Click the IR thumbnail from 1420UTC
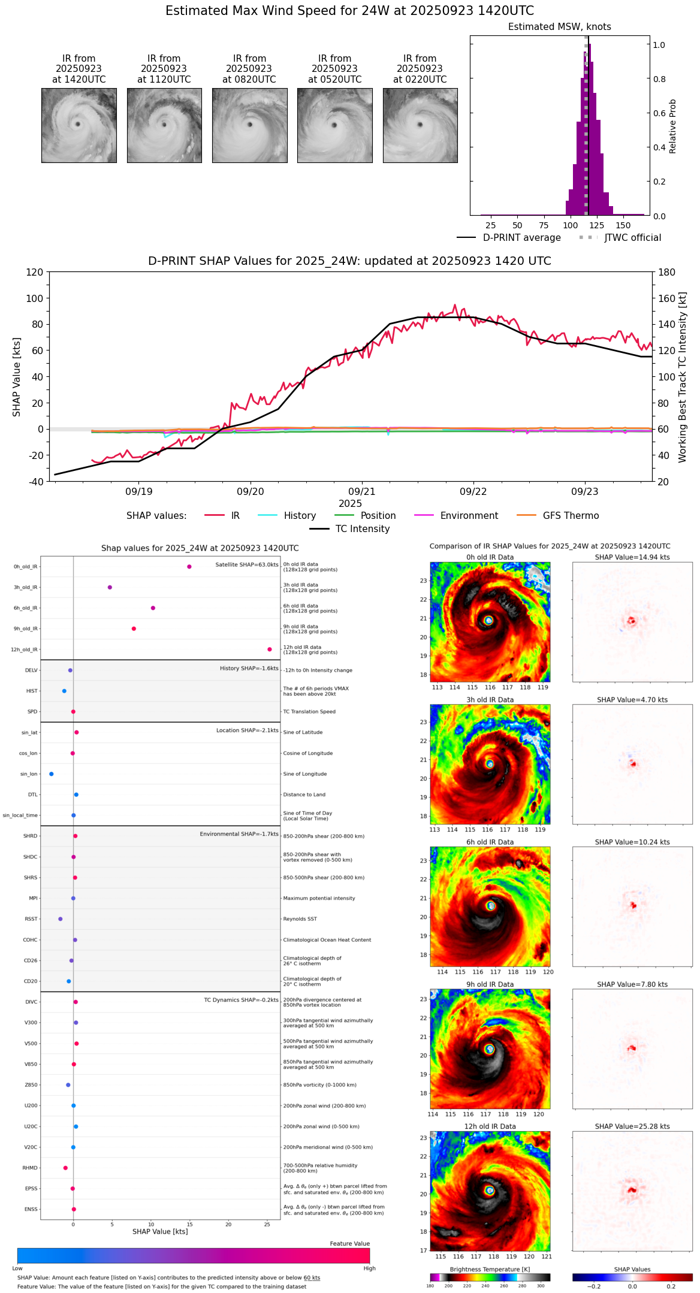[79, 125]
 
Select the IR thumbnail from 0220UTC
[420, 125]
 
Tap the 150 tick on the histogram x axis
[623, 225]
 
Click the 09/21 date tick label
[362, 492]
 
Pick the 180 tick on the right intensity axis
[667, 273]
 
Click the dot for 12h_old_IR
[270, 649]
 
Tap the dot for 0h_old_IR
[189, 567]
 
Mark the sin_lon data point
[52, 774]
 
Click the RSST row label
[31, 919]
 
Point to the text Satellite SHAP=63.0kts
[247, 565]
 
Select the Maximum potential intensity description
[319, 898]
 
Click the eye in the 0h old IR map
[488, 620]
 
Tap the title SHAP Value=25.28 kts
[632, 1126]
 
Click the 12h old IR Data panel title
[490, 1126]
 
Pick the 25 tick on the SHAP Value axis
[267, 1225]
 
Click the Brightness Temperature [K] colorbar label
[490, 1269]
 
